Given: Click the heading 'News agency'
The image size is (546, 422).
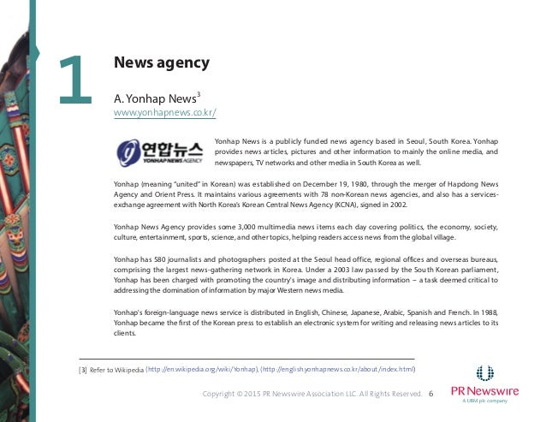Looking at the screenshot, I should tap(162, 62).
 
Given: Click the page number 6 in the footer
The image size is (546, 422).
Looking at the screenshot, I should tap(430, 394).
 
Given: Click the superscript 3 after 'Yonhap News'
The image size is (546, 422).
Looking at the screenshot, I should tap(199, 92).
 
